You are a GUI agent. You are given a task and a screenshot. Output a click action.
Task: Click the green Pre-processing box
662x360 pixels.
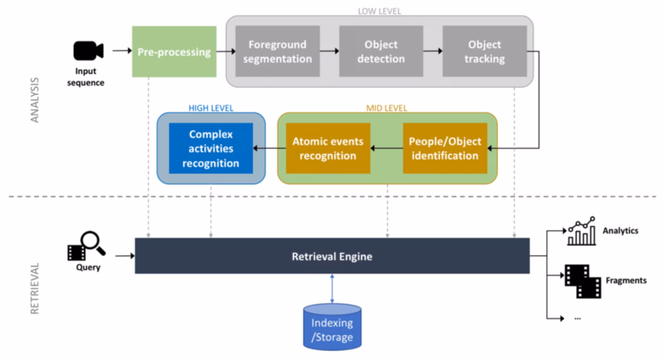[x=174, y=51]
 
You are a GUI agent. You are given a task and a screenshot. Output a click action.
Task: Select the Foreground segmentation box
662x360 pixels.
[x=277, y=51]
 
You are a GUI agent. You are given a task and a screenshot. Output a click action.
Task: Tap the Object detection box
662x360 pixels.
[x=381, y=51]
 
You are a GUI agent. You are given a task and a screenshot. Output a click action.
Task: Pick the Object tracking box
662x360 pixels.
[x=484, y=51]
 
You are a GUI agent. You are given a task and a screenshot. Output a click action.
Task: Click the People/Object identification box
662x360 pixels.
[x=445, y=148]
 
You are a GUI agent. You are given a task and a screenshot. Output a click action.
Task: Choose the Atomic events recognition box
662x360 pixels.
[x=328, y=148]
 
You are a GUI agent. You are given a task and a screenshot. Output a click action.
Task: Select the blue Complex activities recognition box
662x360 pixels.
[x=211, y=148]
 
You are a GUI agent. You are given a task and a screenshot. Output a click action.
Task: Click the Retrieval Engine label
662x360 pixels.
[x=332, y=256]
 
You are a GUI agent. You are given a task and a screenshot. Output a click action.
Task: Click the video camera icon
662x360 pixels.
[x=88, y=50]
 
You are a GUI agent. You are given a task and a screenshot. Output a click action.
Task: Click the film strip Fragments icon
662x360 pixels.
[x=582, y=281]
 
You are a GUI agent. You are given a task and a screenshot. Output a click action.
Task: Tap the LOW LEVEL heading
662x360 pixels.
[x=380, y=11]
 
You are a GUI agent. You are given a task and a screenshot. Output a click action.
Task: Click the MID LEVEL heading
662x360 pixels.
[x=387, y=108]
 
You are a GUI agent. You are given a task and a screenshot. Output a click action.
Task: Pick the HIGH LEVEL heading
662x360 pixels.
[x=211, y=108]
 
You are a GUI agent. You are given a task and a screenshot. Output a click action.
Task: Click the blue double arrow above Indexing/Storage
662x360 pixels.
[x=332, y=288]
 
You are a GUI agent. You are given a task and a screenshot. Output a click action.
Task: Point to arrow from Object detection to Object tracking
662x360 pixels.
[x=432, y=51]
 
